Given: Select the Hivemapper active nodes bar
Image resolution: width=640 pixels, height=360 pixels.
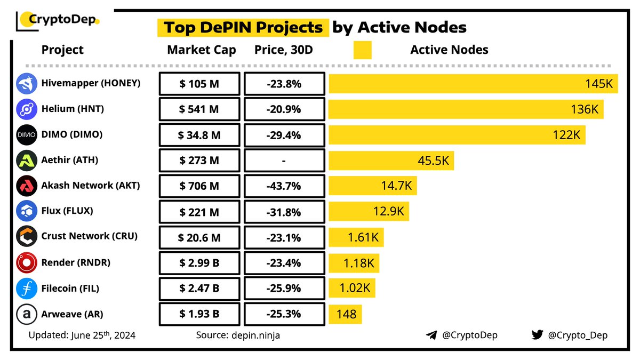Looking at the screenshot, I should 473,84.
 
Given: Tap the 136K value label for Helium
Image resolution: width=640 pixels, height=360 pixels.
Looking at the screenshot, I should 585,109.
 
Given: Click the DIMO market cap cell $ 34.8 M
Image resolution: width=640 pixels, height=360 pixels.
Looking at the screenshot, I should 199,135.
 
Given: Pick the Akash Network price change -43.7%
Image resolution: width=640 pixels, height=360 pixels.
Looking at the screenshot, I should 284,186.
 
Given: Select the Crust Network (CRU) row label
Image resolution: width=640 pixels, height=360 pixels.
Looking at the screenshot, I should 89,236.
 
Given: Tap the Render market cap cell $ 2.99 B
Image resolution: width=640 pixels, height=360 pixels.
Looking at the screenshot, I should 199,263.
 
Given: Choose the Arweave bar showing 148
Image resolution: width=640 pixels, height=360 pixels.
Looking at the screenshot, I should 346,314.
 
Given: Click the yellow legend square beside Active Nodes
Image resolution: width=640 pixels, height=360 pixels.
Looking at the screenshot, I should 362,50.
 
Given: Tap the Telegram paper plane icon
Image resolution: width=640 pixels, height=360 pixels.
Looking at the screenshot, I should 431,335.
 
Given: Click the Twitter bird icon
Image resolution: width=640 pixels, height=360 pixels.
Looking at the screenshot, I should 537,335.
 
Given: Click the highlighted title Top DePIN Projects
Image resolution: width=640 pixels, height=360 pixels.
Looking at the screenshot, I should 243,27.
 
